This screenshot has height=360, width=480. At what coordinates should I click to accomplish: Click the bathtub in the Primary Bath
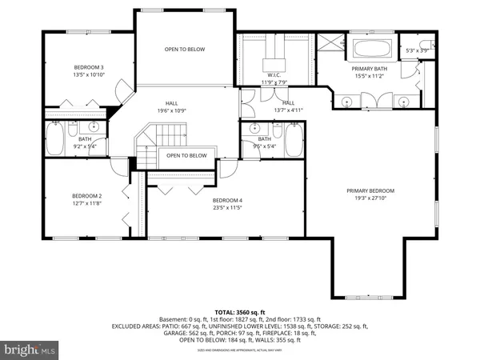coord(371,49)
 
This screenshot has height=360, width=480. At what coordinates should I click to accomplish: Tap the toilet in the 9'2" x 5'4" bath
coord(73,129)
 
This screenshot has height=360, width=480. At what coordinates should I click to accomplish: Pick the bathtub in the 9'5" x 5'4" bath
coord(293,140)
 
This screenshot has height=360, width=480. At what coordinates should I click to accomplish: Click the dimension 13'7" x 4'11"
coord(288,110)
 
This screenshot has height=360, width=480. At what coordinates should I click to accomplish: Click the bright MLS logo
coord(30,349)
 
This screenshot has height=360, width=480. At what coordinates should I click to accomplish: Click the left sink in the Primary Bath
coord(346,101)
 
